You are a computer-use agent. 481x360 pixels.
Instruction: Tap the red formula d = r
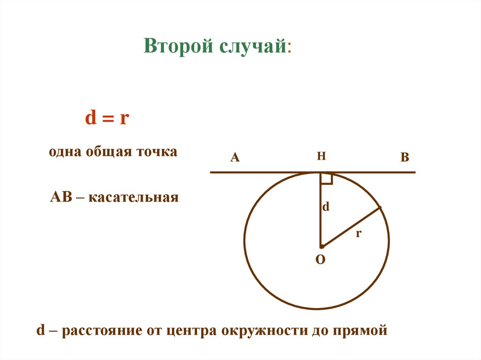[x=107, y=118]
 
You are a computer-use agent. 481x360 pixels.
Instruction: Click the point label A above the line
[x=235, y=158]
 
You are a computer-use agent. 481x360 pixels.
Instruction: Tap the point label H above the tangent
[x=321, y=156]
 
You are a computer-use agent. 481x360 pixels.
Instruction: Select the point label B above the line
[x=405, y=158]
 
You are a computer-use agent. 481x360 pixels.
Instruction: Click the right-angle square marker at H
[x=327, y=178]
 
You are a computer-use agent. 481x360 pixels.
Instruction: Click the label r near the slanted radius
[x=358, y=233]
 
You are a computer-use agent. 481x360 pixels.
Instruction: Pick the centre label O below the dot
[x=320, y=260]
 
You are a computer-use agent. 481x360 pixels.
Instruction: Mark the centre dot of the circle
[x=321, y=246]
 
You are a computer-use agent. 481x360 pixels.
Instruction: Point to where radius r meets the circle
[x=380, y=208]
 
